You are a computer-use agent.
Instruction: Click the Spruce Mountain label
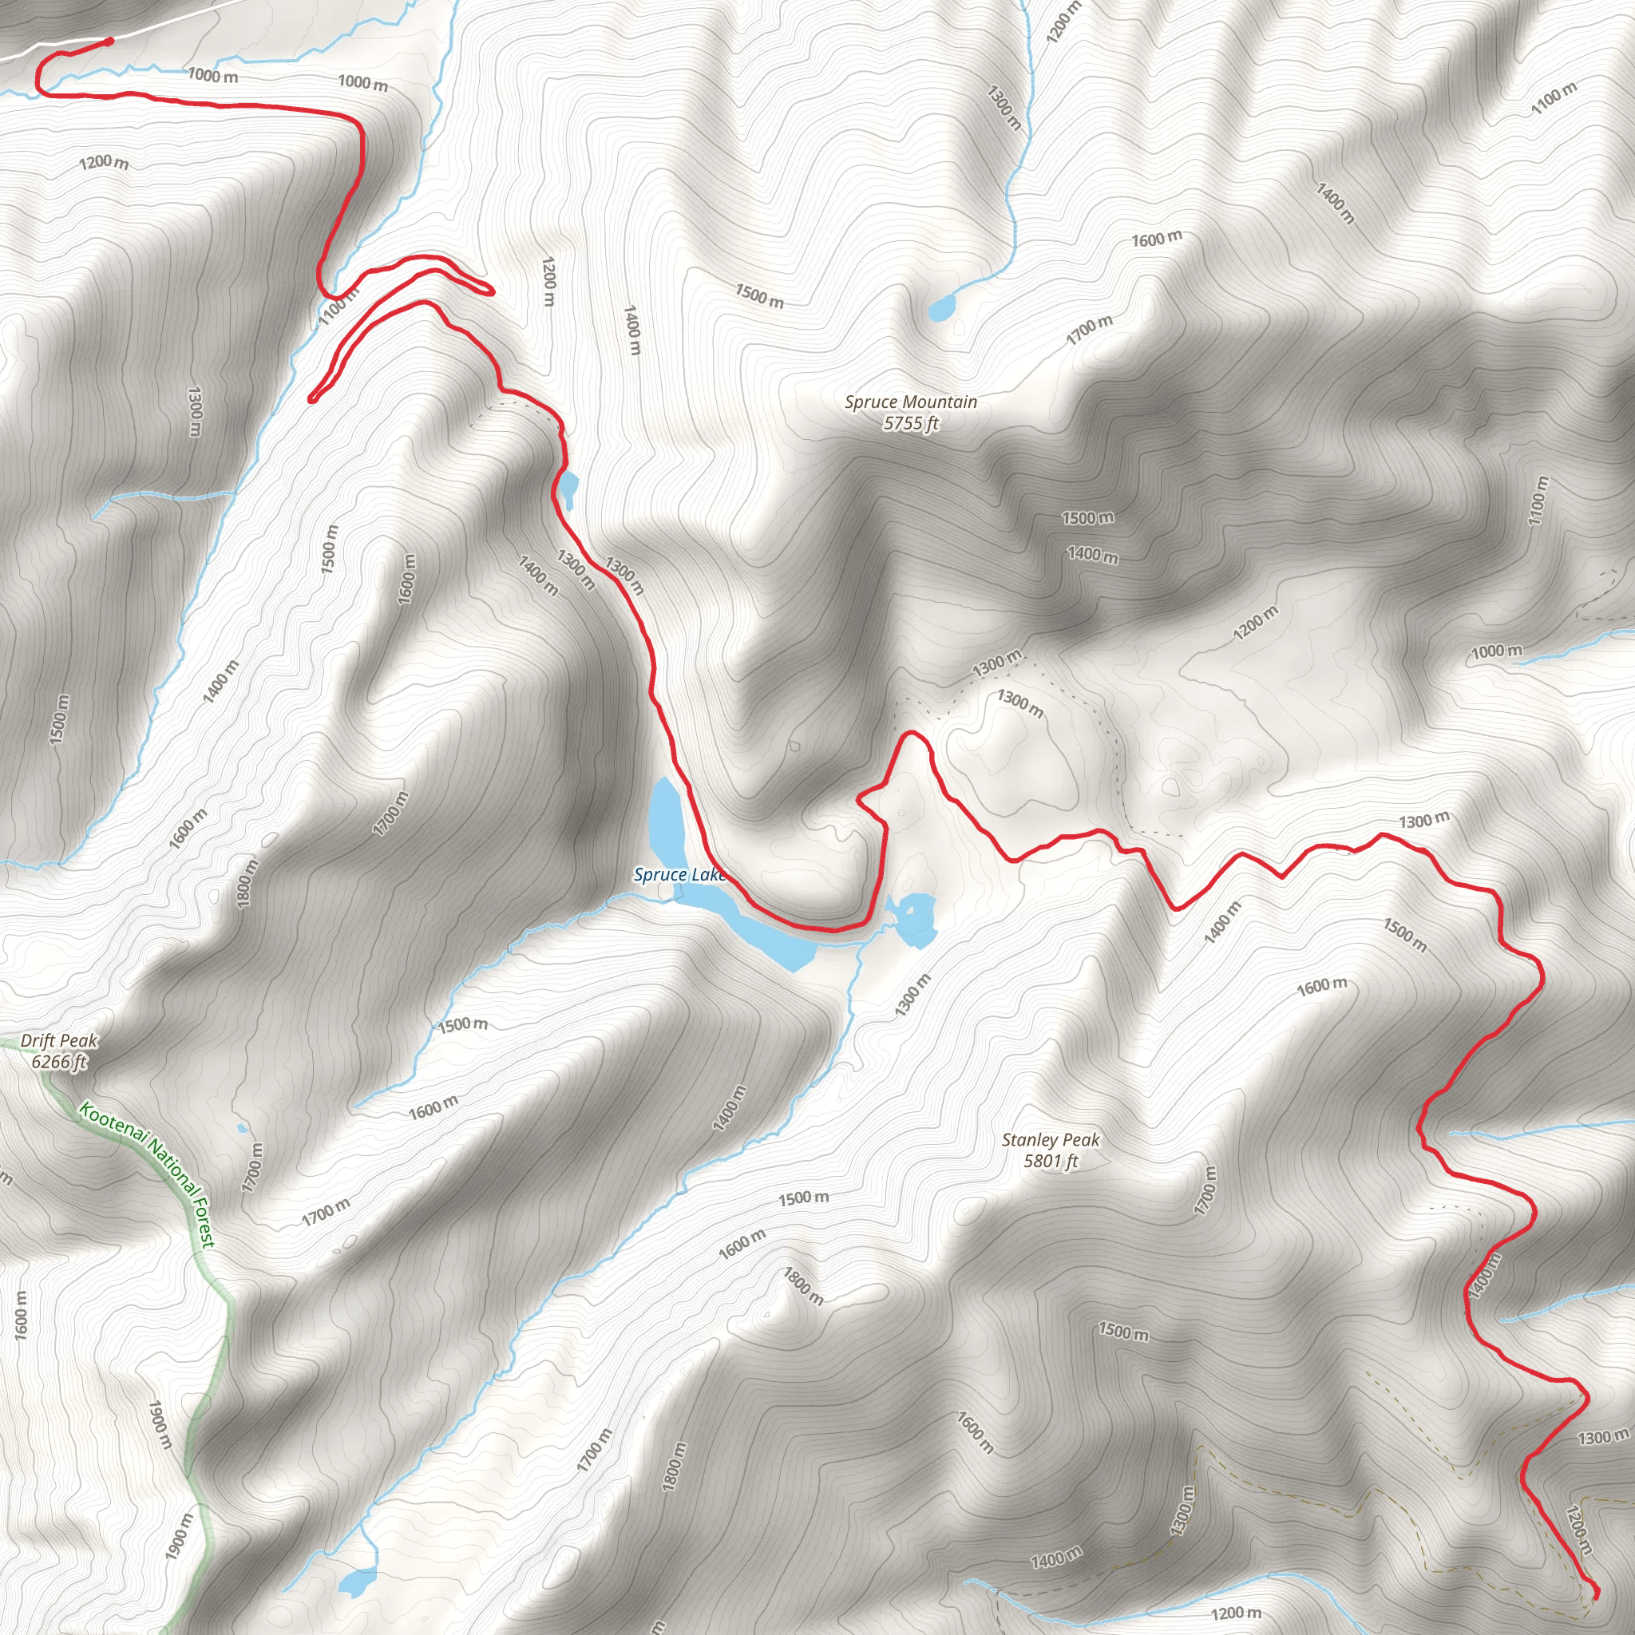coord(911,402)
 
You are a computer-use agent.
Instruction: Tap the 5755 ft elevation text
coord(911,423)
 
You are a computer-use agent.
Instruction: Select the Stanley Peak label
coord(1051,1140)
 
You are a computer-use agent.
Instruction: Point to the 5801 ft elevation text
coord(1051,1161)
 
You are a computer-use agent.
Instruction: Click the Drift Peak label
coord(59,1041)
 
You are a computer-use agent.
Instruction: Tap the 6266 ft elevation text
coord(59,1061)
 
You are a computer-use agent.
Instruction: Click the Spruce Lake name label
coord(679,874)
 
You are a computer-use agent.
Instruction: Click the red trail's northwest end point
coord(109,41)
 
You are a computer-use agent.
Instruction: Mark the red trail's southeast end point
coord(1596,1594)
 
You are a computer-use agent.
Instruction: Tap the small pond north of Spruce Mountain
coord(941,309)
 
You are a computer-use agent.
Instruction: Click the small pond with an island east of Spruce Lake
coord(914,918)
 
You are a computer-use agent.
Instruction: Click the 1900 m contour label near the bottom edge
coord(180,1536)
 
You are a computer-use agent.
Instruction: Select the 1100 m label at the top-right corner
coord(1554,99)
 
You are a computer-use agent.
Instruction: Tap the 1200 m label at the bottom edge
coord(1236,1613)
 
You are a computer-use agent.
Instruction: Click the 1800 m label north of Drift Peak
coord(244,884)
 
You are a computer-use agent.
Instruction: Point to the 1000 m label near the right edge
coord(1496,651)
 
